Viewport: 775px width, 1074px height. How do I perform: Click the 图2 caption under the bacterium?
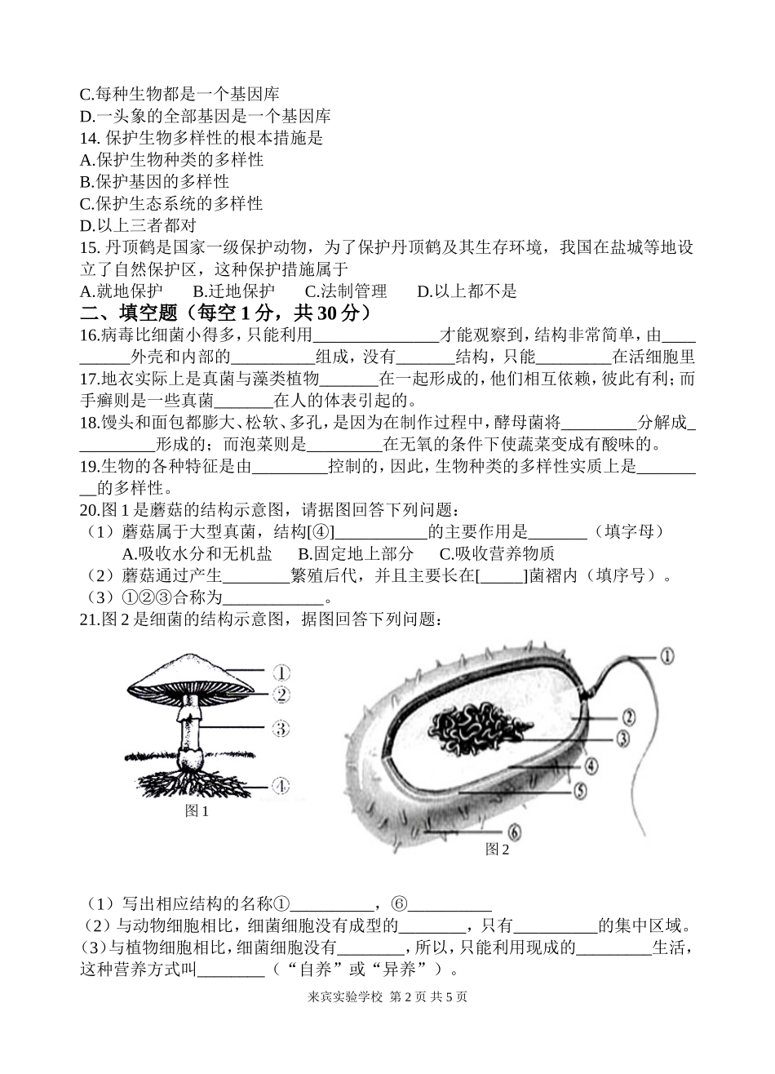497,850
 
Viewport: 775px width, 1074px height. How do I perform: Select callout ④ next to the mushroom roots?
280,786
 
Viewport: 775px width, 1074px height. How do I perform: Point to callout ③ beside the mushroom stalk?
280,728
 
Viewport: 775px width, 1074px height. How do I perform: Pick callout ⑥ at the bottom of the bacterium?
513,832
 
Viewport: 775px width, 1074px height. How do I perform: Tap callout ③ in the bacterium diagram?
622,739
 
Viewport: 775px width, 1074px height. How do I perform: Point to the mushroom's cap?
193,673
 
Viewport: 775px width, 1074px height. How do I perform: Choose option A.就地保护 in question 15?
122,291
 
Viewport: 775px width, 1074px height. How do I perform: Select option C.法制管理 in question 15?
345,291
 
